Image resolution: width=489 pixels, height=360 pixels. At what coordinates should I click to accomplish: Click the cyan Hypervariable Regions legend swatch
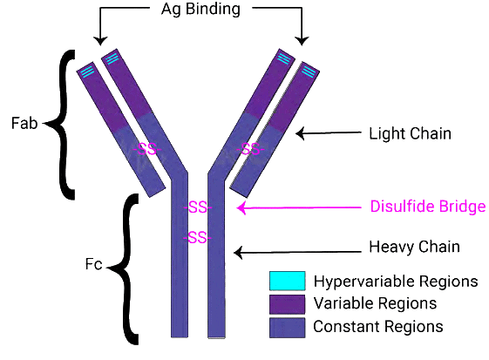coord(287,281)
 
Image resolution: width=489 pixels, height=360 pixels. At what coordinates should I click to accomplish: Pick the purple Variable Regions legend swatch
coord(287,303)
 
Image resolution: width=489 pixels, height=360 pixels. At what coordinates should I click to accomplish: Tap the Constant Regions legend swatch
coord(287,326)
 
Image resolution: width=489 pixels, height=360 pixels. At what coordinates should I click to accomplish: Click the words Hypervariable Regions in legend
coord(395,281)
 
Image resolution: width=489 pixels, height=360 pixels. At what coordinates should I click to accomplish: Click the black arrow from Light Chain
coord(327,133)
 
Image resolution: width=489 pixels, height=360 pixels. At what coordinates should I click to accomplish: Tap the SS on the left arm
coord(149,148)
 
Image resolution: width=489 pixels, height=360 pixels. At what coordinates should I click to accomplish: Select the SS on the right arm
coord(250,148)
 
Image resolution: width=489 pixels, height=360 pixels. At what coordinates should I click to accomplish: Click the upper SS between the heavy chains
coord(198,208)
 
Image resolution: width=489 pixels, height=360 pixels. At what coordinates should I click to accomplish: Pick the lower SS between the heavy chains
coord(198,237)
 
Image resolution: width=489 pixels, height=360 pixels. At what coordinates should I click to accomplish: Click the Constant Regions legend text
coord(378,326)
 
